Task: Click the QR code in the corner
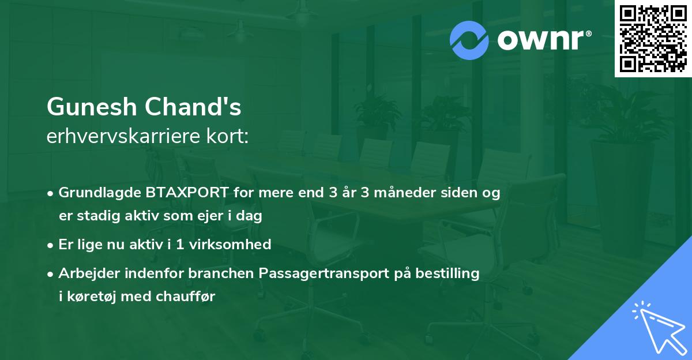pos(653,39)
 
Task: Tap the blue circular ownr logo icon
pos(470,40)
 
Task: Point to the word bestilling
pos(445,273)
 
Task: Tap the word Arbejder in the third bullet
pos(85,273)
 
